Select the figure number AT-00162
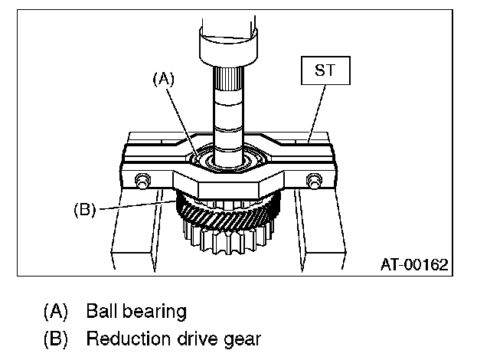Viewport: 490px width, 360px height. tap(413, 264)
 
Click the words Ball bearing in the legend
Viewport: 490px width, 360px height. tap(136, 312)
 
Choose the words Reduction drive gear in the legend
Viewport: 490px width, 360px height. tap(174, 338)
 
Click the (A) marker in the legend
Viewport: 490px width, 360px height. tap(55, 312)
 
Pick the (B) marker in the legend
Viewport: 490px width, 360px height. tap(55, 338)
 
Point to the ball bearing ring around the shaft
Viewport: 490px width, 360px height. tap(197, 159)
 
